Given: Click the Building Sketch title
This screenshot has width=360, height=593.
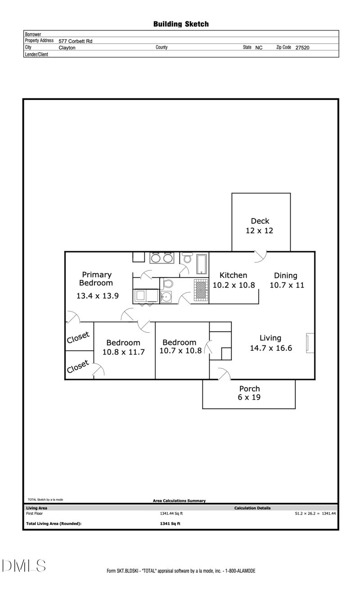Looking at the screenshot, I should coord(181,24).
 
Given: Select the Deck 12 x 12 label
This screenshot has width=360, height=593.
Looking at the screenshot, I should coord(260,226).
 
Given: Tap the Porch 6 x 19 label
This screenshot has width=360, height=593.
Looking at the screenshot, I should coord(249,393).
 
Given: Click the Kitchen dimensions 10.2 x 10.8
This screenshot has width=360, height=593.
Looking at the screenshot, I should coord(234,285).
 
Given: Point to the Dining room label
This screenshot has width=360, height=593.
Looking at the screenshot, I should coord(286,276).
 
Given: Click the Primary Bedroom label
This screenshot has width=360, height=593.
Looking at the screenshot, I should coord(96,279).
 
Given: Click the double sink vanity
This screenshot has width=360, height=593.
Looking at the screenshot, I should coord(162,258).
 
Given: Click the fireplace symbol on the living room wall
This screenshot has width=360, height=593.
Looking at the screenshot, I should coord(310,343).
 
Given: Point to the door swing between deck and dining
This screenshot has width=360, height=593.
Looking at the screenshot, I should coord(260,256).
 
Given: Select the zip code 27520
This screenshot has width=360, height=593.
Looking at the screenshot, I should coord(302,47).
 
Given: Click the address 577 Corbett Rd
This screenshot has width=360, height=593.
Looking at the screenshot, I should coord(75,41).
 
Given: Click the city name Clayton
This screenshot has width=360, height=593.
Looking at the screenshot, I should coord(67,47).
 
